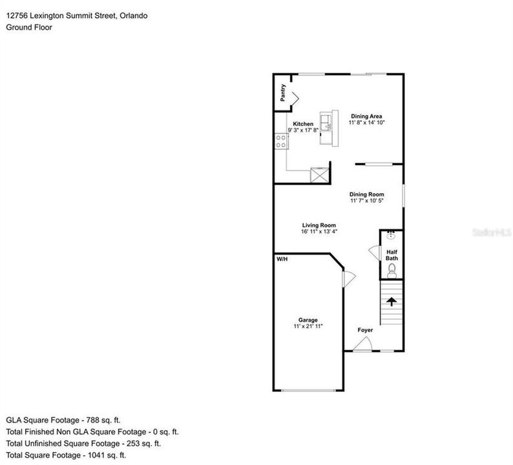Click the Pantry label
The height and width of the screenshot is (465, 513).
[x=283, y=92]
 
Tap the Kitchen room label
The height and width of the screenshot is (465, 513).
[x=303, y=124]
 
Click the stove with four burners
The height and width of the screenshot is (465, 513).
[x=282, y=141]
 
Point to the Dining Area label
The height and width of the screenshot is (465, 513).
[x=366, y=116]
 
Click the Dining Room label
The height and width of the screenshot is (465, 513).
[x=366, y=194]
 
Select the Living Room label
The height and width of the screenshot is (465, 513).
[x=319, y=225]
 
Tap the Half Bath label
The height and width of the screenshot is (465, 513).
[x=392, y=255]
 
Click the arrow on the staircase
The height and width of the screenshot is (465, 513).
[x=391, y=301]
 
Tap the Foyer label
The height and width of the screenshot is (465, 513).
[x=366, y=330]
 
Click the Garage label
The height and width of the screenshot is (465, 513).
[x=308, y=320]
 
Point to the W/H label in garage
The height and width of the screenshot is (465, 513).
[x=282, y=259]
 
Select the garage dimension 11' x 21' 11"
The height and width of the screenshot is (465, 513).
[x=308, y=327]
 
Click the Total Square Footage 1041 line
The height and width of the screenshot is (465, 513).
[x=66, y=455]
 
